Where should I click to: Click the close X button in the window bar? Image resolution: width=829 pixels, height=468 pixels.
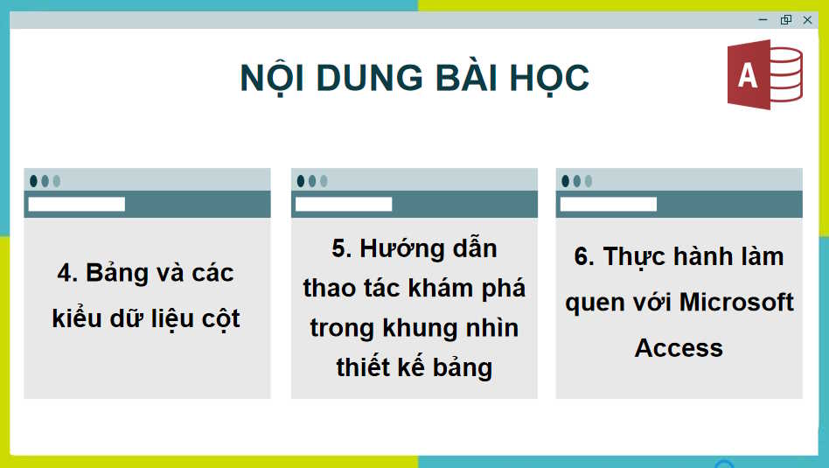tap(807, 20)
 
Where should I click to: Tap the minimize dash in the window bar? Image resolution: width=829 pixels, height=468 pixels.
tap(763, 20)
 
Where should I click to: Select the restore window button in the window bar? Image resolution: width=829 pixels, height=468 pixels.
tap(785, 20)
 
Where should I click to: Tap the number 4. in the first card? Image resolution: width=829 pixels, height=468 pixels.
tap(67, 273)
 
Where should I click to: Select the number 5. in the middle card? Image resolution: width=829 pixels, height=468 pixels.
tap(341, 248)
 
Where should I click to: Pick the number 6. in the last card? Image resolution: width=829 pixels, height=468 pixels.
tap(584, 256)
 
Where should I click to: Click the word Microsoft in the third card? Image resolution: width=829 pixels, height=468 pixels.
tap(736, 302)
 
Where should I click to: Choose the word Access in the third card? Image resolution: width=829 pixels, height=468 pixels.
tap(679, 348)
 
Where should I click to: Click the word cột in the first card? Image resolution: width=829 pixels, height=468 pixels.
tap(220, 318)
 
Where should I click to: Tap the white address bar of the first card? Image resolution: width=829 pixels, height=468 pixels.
tap(76, 205)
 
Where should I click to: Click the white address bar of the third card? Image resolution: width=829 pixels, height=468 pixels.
tap(608, 205)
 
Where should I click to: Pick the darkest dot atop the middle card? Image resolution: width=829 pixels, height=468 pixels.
tap(301, 181)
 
